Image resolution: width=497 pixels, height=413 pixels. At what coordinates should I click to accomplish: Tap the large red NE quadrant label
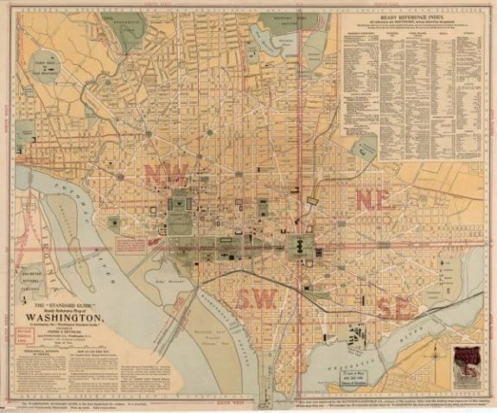click(x=374, y=197)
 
